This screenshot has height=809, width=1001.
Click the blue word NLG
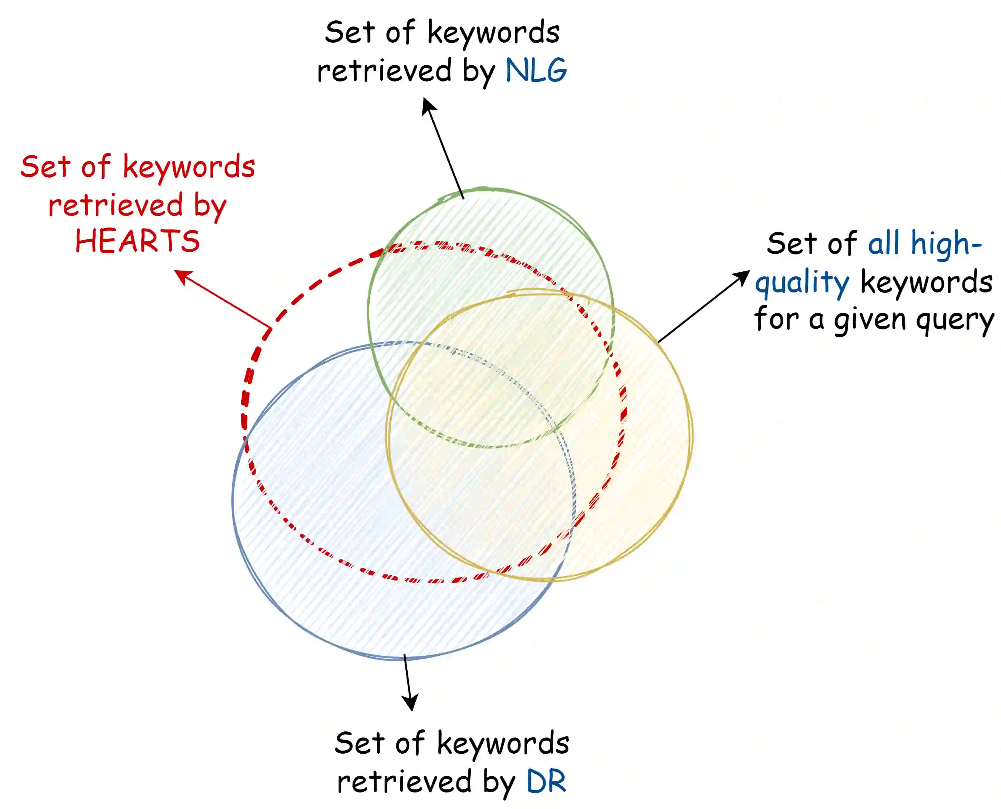[536, 71]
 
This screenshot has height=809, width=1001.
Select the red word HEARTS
[138, 241]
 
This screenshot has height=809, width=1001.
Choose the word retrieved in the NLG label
[384, 71]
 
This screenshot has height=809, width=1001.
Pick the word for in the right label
[777, 320]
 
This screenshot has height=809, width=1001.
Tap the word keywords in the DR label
[503, 744]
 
